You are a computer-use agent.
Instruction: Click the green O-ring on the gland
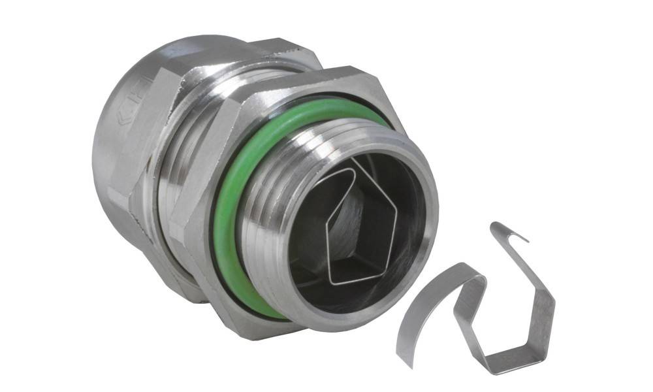225,216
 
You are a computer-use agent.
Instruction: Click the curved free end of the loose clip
408,340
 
